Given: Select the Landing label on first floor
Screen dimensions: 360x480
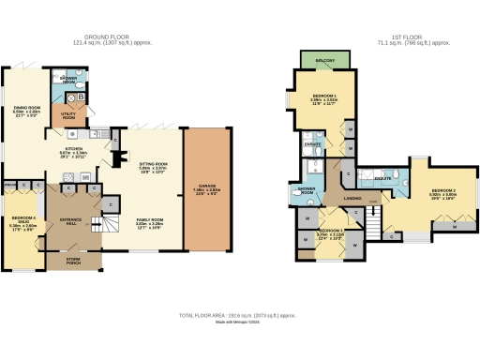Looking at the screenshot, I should pyautogui.click(x=352, y=198).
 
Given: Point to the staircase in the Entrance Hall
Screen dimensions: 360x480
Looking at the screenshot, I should pyautogui.click(x=110, y=225).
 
